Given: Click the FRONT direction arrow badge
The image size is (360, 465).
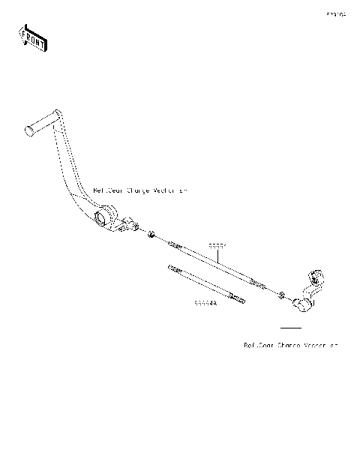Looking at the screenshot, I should click(32, 37).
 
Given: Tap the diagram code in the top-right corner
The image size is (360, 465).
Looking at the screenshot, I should click(336, 14).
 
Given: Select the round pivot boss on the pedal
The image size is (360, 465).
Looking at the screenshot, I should click(104, 217).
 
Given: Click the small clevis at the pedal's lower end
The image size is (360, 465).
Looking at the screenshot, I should click(131, 224).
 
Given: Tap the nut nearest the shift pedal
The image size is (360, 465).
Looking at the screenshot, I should click(152, 236).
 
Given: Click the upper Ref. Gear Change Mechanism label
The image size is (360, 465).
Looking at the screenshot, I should click(141, 191).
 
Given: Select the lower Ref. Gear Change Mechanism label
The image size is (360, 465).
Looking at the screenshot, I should click(291, 346).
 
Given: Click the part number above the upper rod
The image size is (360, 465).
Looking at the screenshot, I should click(217, 245).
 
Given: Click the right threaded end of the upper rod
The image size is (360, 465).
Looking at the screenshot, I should click(259, 283).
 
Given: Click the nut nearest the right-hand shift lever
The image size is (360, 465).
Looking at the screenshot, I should click(282, 294).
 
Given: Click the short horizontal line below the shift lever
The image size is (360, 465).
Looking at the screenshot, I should click(290, 328).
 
